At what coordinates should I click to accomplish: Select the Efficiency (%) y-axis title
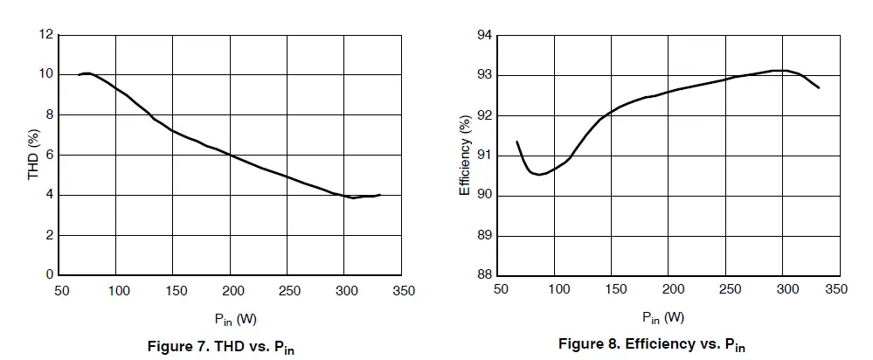[465, 156]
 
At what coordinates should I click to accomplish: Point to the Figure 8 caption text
[652, 343]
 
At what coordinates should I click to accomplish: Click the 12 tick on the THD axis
[45, 35]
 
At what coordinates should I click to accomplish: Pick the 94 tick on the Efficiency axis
[483, 35]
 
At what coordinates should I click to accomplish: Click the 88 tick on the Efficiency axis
[483, 275]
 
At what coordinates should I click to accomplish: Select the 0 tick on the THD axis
[50, 275]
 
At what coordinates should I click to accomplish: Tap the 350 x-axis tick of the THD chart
[403, 289]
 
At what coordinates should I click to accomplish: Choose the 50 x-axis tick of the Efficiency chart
[500, 289]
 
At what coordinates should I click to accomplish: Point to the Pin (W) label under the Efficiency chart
[663, 317]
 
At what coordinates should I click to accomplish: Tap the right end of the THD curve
[380, 195]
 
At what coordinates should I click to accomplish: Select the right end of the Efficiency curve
[819, 87]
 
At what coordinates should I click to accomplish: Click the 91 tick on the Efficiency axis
[483, 156]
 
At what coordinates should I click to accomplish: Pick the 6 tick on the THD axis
[50, 156]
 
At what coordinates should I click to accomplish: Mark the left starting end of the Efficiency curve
[516, 142]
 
